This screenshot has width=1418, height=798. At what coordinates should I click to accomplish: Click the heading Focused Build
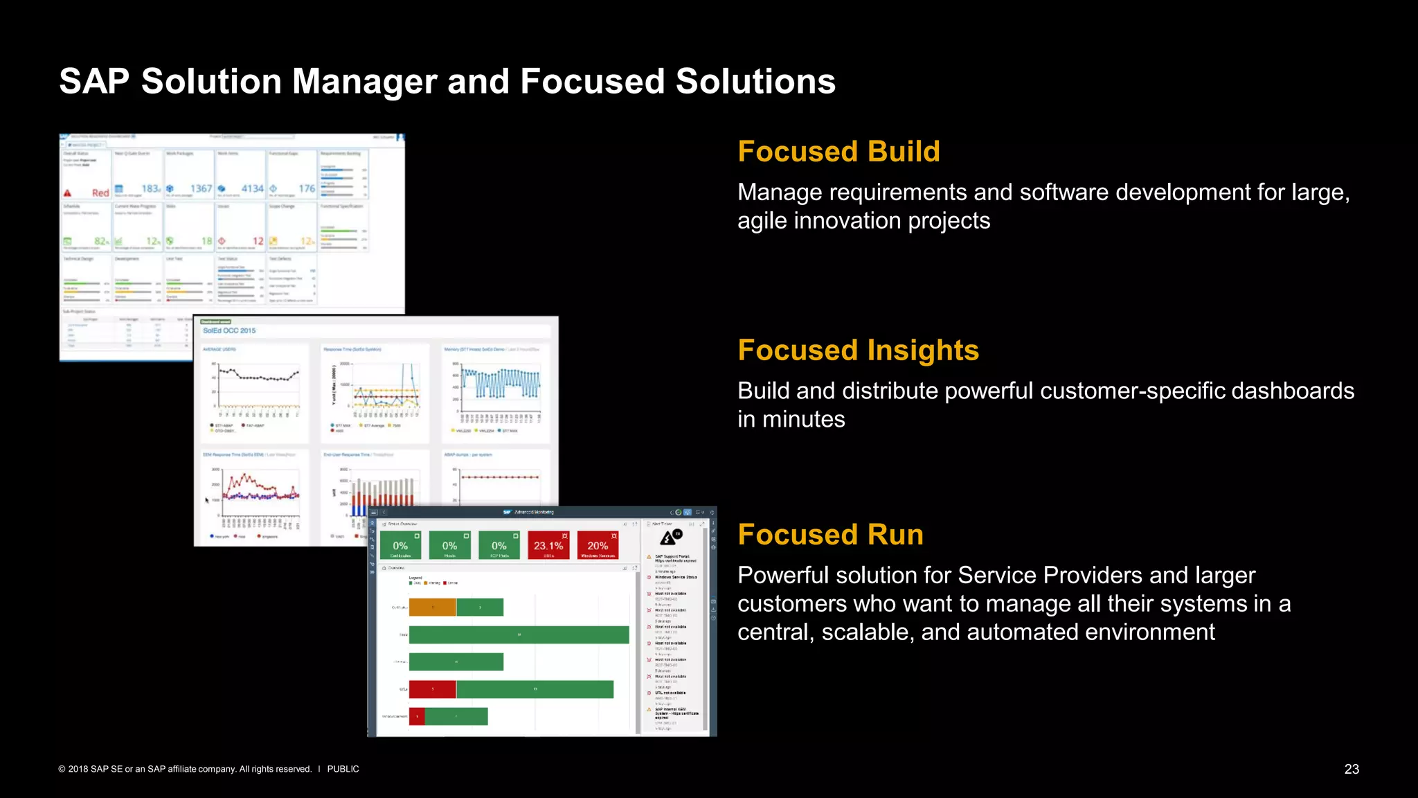pos(838,152)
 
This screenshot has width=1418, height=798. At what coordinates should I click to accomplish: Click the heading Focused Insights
pos(858,351)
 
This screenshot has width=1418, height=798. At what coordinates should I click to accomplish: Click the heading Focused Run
pos(830,535)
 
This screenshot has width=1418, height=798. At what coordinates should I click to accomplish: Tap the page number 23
pos(1352,769)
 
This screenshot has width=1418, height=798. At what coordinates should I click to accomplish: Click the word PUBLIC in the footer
pos(343,769)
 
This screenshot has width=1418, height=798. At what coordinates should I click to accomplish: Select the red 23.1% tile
pos(548,546)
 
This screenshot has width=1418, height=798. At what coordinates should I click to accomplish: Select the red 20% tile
pos(598,546)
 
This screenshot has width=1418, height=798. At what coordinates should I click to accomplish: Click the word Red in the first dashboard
pos(100,193)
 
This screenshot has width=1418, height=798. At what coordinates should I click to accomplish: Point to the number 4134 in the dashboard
pos(252,188)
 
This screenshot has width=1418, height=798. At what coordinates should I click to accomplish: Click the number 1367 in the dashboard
pos(201,188)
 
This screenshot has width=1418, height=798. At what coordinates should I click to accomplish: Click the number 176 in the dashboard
pos(307,188)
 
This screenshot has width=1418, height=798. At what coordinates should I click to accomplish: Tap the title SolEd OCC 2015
pos(229,330)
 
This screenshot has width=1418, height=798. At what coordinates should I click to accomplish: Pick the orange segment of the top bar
pos(432,608)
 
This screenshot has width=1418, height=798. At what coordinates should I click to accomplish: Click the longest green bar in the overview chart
pos(519,635)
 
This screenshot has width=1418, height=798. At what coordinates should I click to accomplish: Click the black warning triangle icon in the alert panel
pos(667,538)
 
